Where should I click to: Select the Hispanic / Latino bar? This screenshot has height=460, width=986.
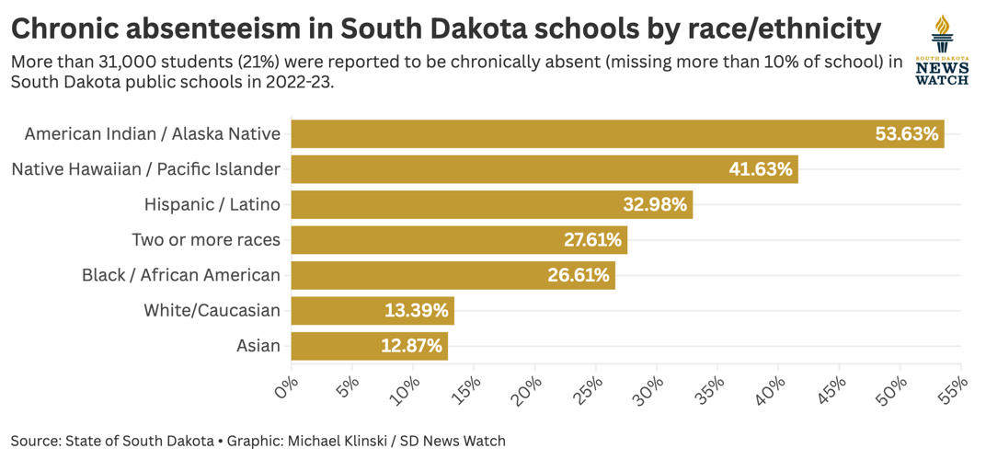tap(460, 204)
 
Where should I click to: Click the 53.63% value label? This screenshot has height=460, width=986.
tap(907, 133)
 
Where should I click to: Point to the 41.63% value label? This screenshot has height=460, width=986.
tap(761, 169)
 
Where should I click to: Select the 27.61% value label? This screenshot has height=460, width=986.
tap(592, 240)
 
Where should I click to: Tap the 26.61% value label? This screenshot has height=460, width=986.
tap(579, 275)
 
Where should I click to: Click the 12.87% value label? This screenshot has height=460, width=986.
tap(412, 346)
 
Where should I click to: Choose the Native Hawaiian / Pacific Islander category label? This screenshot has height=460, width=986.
tap(145, 169)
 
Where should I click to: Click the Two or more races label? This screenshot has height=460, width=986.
tap(206, 240)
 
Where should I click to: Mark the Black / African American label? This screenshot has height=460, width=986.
tap(181, 275)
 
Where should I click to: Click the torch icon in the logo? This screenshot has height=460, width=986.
tap(942, 35)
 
